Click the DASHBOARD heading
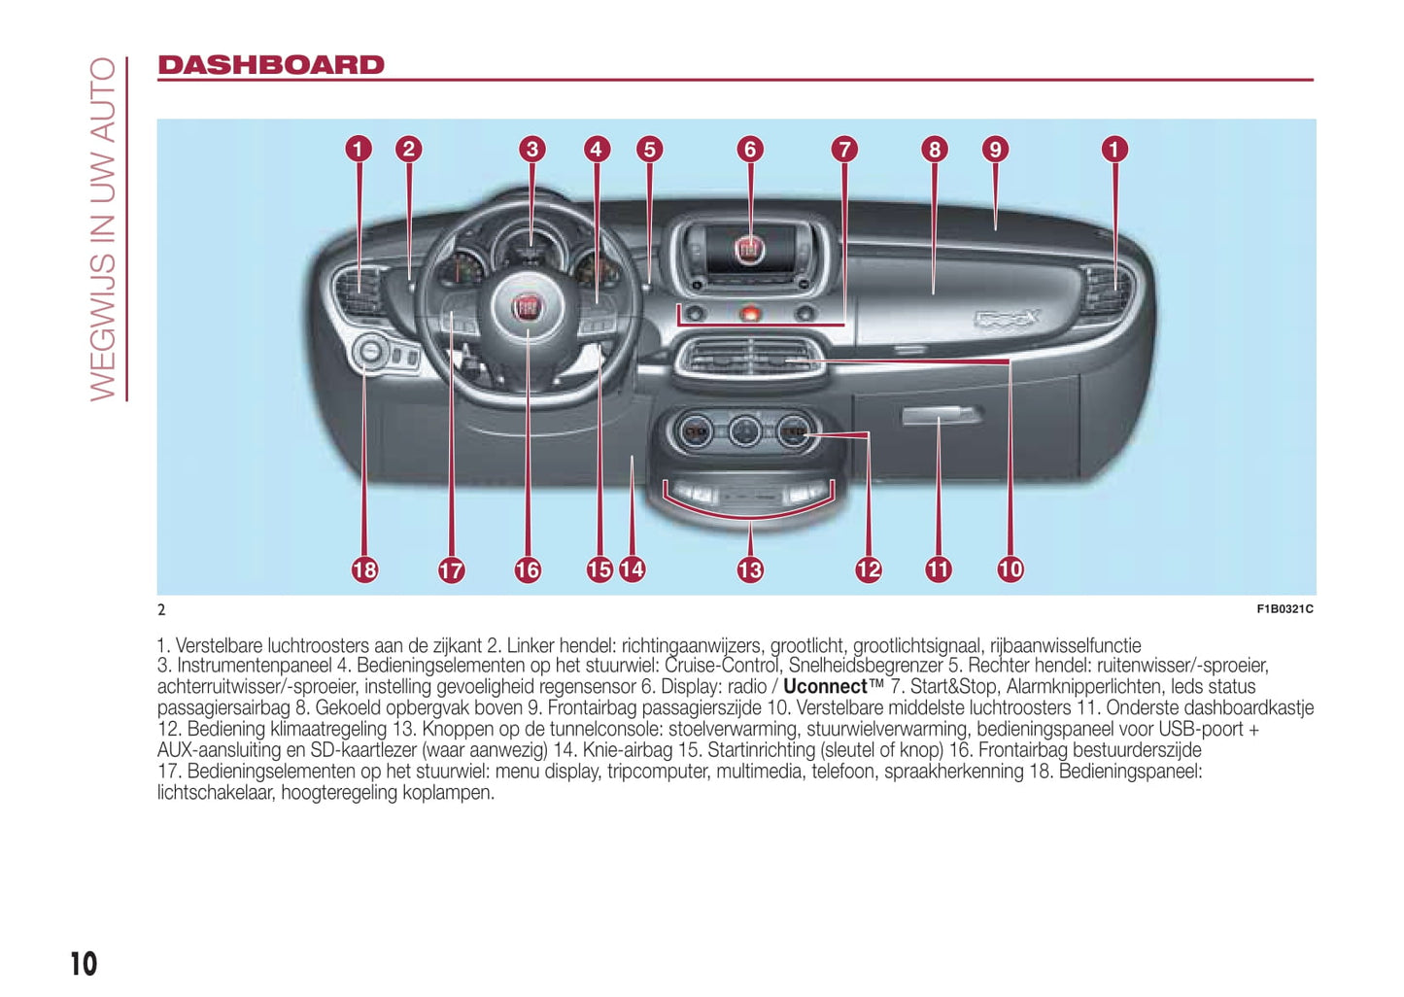271,65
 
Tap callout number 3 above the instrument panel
531,149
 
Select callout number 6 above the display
749,149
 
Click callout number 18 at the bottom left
364,569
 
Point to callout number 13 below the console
750,569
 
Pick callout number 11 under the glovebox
938,569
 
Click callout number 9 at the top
994,149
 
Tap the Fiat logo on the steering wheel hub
527,308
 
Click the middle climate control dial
745,431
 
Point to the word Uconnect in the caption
825,686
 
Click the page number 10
84,963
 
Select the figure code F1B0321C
1284,609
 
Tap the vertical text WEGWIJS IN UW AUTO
103,228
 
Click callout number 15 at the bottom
599,569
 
